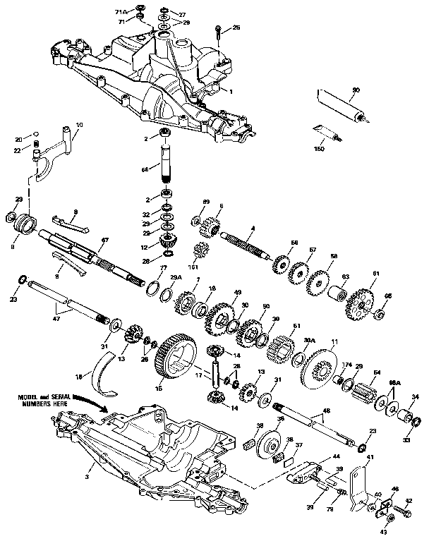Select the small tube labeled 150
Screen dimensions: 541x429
click(x=326, y=132)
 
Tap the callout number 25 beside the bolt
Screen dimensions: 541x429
click(x=236, y=27)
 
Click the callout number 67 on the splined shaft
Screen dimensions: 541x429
click(x=104, y=241)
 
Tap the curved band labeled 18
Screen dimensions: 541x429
click(x=104, y=373)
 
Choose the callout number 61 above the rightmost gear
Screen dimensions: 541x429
click(x=376, y=273)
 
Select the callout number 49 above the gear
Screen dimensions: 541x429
click(x=238, y=292)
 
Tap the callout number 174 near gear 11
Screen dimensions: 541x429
click(x=346, y=364)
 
